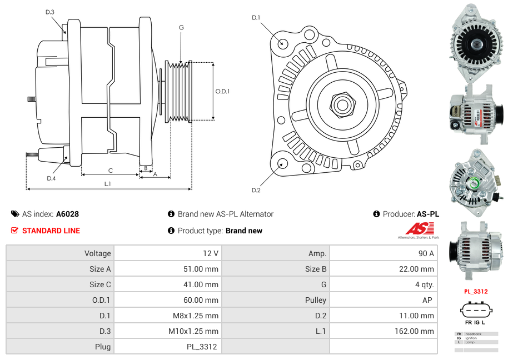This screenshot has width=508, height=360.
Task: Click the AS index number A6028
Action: [67, 214]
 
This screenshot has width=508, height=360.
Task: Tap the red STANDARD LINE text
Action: [51, 231]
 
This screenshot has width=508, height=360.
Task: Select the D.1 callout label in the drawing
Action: [256, 18]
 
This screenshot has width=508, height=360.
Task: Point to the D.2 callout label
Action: [256, 190]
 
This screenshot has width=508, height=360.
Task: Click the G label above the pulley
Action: [181, 27]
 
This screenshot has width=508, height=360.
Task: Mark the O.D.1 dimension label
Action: [222, 92]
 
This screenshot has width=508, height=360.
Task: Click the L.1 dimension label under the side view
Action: [108, 183]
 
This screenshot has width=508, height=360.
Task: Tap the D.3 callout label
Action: [49, 12]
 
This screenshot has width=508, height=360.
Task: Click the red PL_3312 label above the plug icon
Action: [476, 292]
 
